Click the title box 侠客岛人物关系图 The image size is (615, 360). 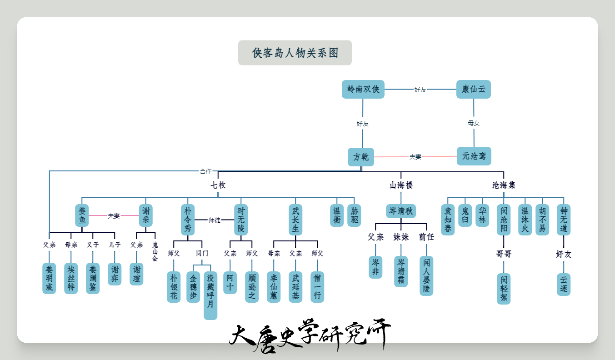tap(295, 53)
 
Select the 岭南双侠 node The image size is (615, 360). tap(363, 89)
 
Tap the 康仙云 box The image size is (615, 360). tap(474, 89)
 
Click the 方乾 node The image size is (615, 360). tap(361, 157)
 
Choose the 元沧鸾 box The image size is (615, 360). tap(474, 156)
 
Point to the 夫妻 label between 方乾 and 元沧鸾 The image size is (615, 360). tap(415, 157)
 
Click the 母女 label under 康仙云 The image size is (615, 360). tap(474, 123)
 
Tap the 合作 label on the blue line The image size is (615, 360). tap(205, 171)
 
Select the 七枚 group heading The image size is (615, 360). tap(218, 185)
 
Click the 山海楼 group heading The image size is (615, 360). tap(401, 185)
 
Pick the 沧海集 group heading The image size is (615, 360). tap(504, 185)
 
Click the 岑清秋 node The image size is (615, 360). tap(401, 211)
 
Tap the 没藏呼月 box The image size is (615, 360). tap(210, 295)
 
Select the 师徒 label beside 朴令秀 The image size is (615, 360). tap(214, 220)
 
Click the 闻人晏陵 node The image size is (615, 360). tap(426, 276)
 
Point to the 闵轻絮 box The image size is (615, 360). tap(504, 289)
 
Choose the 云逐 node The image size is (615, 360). tap(564, 285)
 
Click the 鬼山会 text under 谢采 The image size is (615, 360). tap(155, 251)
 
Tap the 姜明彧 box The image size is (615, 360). tap(49, 278)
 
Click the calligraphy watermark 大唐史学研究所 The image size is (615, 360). tap(310, 335)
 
